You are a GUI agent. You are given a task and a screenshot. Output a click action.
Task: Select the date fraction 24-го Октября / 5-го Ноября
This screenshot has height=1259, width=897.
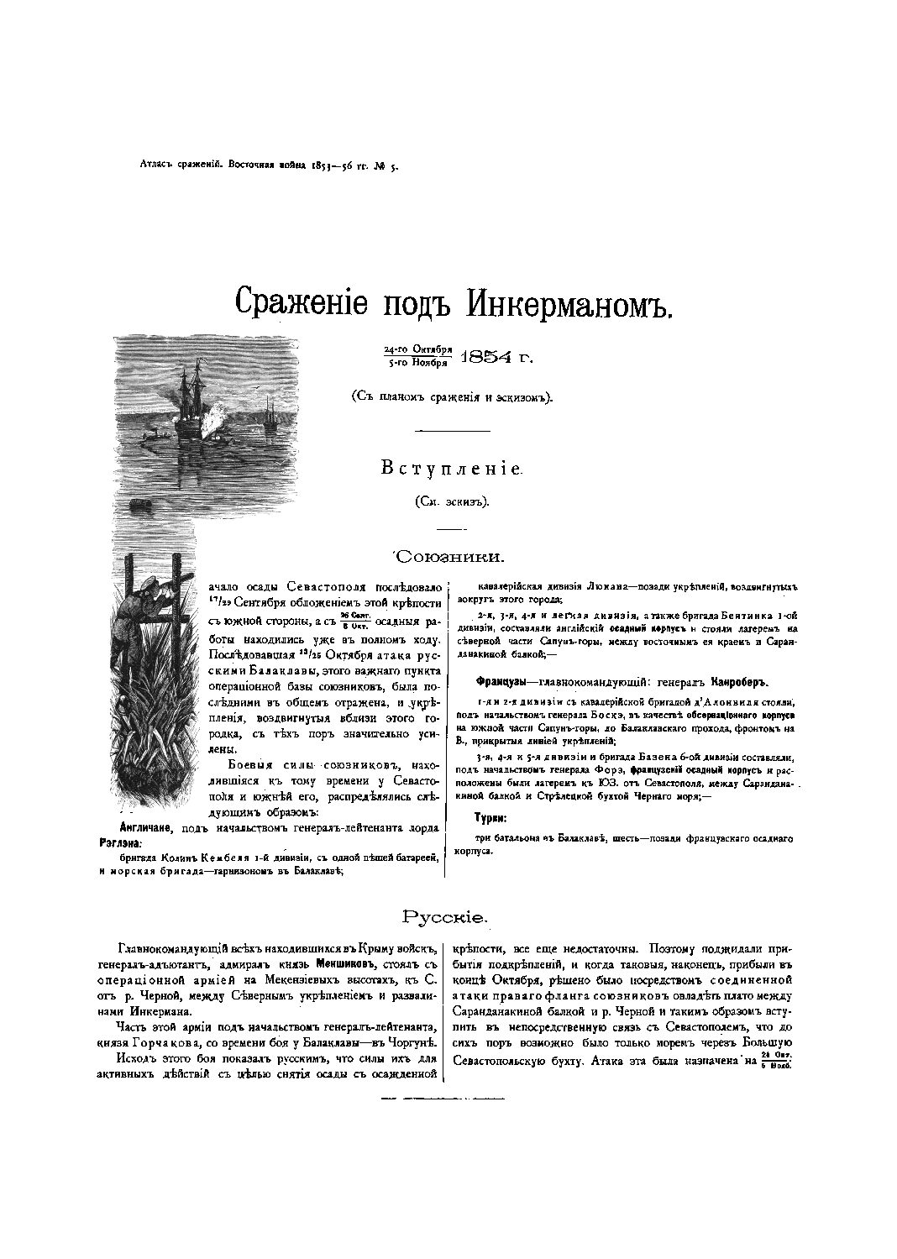418,356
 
